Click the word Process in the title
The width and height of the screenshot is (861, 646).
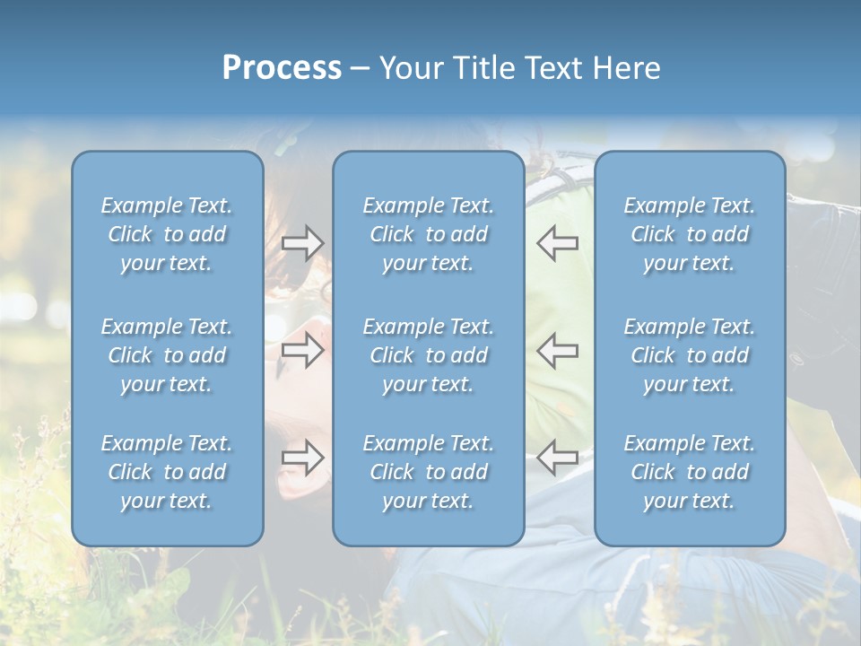tap(282, 68)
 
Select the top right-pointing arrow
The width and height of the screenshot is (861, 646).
tap(302, 243)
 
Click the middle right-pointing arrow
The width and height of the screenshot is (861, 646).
tap(302, 350)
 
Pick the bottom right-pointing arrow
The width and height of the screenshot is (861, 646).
tap(302, 458)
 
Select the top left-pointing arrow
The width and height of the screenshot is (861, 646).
tap(557, 243)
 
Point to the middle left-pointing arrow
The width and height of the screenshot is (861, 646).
tap(557, 350)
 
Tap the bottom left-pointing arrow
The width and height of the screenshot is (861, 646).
tap(557, 458)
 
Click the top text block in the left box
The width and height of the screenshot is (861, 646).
tap(167, 234)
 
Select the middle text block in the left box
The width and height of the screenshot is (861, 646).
tap(167, 355)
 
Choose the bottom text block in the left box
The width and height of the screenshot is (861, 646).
tap(167, 472)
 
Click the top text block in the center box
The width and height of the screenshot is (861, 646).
tap(429, 234)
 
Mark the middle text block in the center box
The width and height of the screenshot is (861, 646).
tap(429, 355)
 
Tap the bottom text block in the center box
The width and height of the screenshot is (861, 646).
tap(429, 472)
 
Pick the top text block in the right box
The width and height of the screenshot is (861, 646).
tap(690, 234)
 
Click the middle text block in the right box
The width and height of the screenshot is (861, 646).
tap(690, 355)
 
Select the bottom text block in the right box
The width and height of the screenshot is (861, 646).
tap(690, 472)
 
